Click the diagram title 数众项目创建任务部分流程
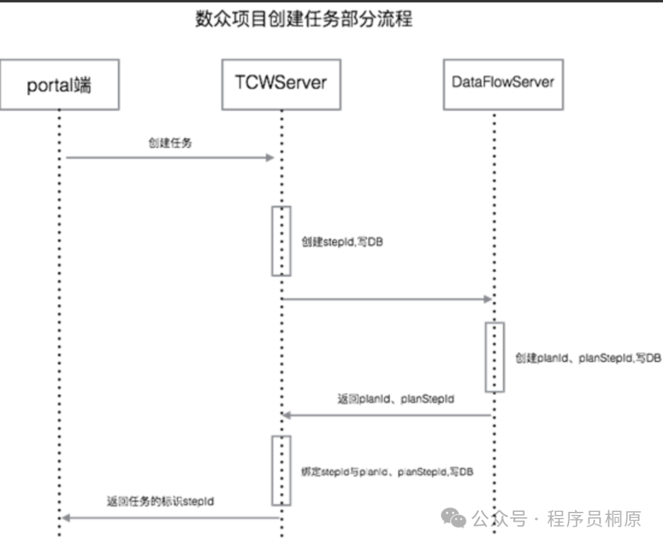(304, 19)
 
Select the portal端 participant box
(59, 84)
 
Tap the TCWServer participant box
(281, 84)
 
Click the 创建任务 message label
(170, 143)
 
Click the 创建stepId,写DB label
(342, 242)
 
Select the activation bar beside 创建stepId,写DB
(281, 241)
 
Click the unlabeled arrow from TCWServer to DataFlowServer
(387, 299)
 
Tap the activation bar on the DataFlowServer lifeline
(495, 357)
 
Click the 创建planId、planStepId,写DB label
(588, 358)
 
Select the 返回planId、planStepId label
(396, 399)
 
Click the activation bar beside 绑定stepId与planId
(281, 471)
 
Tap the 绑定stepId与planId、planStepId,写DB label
(387, 472)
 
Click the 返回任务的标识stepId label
(161, 501)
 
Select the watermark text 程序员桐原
(594, 519)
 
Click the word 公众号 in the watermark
(500, 519)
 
